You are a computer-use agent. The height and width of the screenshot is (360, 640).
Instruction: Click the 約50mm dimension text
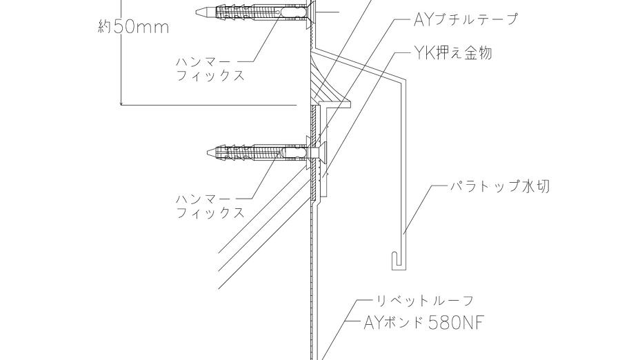point(134,28)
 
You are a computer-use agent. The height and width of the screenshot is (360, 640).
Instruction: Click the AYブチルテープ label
point(465,19)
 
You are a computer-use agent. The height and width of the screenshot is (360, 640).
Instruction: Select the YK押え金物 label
point(452,53)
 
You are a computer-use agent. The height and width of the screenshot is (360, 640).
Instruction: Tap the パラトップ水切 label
point(500,186)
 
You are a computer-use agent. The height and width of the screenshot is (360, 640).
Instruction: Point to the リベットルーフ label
point(424,301)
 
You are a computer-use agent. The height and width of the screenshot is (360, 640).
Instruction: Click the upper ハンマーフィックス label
point(210,68)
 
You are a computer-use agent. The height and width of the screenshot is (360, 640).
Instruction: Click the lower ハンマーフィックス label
point(210,206)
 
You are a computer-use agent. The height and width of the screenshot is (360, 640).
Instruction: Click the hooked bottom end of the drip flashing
point(394,260)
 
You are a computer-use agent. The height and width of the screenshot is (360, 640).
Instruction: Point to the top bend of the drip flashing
point(403,80)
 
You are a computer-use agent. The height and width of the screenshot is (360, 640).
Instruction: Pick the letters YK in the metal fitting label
point(422,53)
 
